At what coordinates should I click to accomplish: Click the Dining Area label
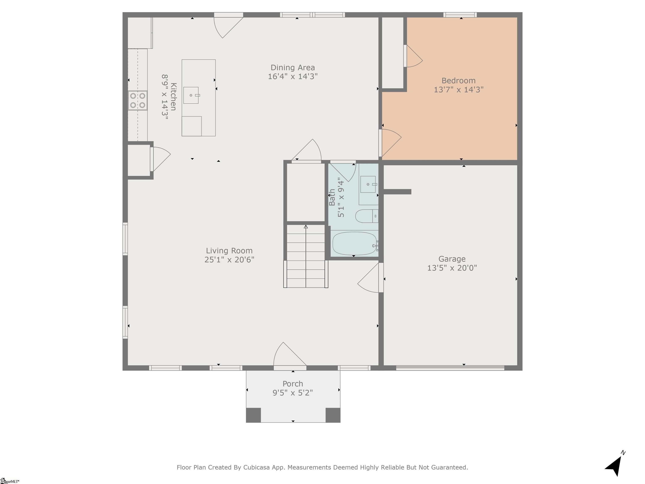point(292,68)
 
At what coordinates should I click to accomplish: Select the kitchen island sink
point(191,95)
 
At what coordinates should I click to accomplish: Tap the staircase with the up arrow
point(305,256)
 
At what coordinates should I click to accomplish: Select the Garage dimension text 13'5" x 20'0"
point(452,268)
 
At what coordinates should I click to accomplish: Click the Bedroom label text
point(458,80)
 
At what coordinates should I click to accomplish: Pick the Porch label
point(293,384)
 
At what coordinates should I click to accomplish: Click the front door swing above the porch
point(289,356)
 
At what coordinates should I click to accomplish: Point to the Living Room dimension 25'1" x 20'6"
point(229,260)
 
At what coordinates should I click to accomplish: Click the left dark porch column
point(253,415)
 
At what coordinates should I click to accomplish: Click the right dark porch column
point(333,415)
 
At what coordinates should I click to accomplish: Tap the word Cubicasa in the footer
point(256,467)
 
